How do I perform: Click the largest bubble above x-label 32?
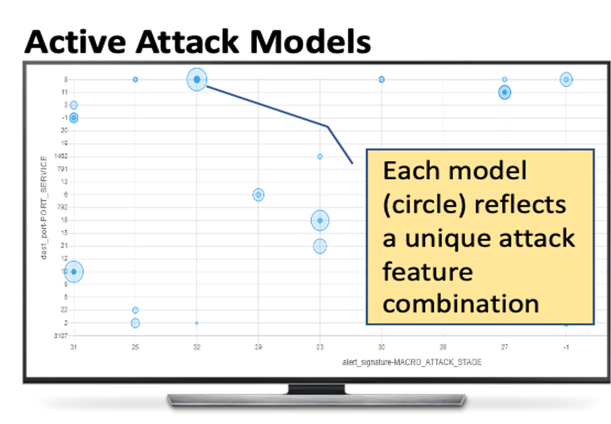[197, 80]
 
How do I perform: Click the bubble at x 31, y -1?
[73, 118]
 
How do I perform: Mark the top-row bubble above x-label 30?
[381, 80]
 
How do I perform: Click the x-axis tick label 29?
[258, 347]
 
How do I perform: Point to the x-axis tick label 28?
[443, 347]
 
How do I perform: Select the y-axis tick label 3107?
[60, 335]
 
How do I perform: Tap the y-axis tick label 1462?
[60, 156]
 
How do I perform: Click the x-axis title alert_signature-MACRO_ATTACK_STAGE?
[411, 361]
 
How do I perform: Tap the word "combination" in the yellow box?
[461, 303]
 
